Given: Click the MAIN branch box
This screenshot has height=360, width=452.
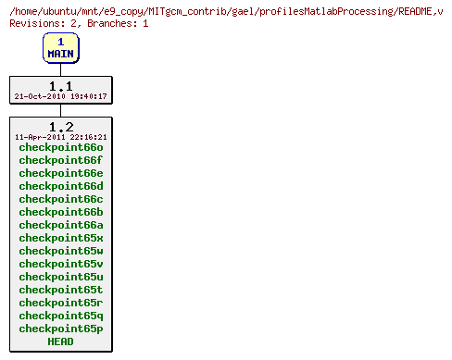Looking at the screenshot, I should [60, 48].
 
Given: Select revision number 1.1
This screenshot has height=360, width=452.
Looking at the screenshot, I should [60, 85].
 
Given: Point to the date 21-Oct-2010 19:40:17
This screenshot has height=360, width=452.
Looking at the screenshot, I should [60, 96].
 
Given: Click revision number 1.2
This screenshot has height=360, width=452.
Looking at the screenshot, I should [60, 126].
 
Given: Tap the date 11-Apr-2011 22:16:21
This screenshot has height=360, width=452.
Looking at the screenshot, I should [60, 137].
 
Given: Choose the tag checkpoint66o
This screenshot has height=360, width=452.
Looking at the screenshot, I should [60, 147].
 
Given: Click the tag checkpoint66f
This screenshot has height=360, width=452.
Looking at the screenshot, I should [60, 160].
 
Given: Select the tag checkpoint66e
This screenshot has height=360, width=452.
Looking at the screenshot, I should [60, 173].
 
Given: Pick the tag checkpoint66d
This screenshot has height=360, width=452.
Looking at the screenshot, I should [60, 186].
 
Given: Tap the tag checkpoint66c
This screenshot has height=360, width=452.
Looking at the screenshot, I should [60, 199].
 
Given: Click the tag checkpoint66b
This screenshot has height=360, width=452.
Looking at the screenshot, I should [60, 212].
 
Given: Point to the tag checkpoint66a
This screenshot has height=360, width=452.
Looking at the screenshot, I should [60, 225].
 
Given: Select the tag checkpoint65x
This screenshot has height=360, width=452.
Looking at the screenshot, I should [60, 238].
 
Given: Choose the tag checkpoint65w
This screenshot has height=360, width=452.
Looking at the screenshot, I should [60, 251].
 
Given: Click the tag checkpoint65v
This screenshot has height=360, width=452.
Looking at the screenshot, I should [60, 264].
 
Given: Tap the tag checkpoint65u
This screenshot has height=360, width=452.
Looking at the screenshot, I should [60, 277].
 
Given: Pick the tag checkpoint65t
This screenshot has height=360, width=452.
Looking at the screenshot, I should [60, 290].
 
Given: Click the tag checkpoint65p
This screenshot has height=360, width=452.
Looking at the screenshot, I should [60, 329].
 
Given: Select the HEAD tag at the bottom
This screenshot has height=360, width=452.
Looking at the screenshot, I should [60, 341].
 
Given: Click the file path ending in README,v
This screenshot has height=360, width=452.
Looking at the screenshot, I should [226, 9].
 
